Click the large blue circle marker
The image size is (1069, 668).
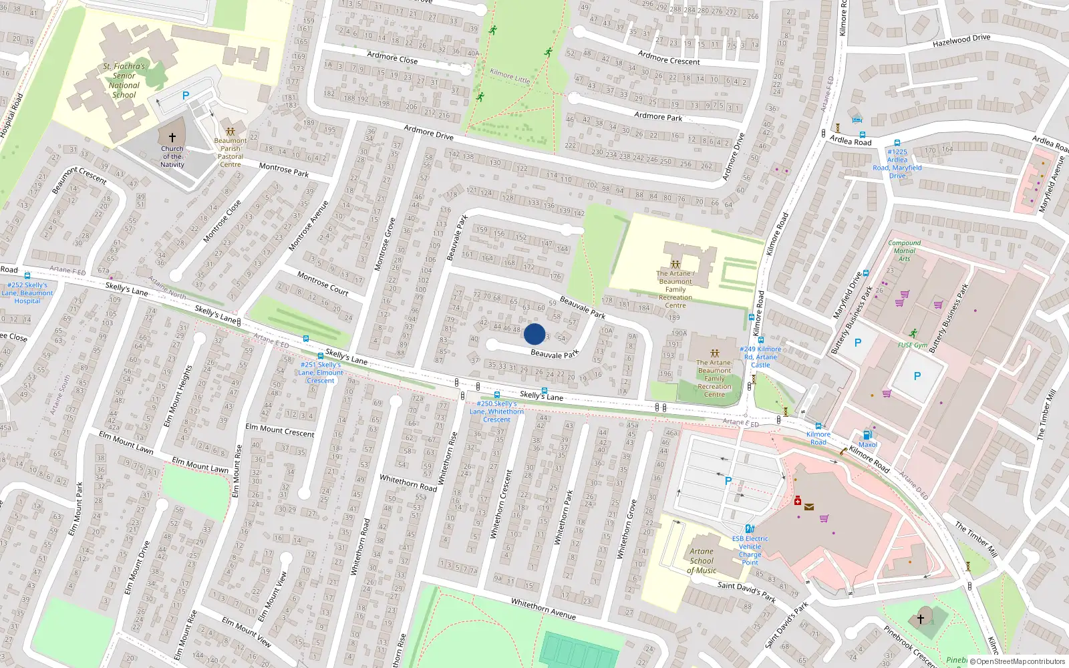pos(534,334)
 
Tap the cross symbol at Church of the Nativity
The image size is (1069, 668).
pos(172,138)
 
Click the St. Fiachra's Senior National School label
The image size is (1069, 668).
pos(124,80)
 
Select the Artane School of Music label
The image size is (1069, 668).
pos(702,561)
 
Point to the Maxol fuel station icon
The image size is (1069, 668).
pos(867,435)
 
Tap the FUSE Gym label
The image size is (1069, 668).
pos(913,345)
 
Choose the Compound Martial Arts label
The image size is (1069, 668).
pos(904,251)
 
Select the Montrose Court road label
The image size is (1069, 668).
pos(323,283)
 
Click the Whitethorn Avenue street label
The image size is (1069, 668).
pos(543,609)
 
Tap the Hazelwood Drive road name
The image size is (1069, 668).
pos(961,41)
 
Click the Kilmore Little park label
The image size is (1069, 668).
pos(510,75)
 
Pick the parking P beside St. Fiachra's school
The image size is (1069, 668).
pos(186,96)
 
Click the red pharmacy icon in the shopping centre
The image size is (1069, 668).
pos(797,500)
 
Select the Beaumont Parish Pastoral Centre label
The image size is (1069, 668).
pos(231,152)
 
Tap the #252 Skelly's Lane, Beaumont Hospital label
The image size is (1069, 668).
pos(27,293)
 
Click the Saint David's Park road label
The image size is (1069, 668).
pos(746,591)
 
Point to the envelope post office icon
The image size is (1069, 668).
pos(809,507)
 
